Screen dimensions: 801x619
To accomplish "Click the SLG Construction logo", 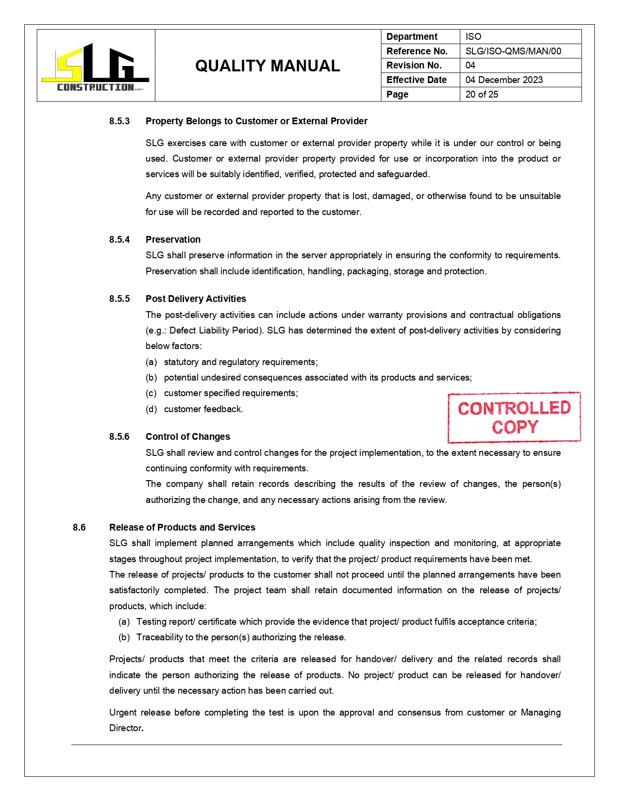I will click(96, 66).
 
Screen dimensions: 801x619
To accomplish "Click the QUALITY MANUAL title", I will click(268, 66).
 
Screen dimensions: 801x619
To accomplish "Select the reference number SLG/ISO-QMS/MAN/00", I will click(513, 51).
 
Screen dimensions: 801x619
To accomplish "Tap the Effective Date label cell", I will click(417, 80).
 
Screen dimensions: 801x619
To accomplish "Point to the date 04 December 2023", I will click(504, 80).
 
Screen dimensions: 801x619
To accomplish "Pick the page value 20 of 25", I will click(482, 94).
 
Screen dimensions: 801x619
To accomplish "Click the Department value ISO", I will click(473, 36).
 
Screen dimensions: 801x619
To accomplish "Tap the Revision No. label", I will click(414, 65).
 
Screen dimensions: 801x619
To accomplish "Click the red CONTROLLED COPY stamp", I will click(514, 417).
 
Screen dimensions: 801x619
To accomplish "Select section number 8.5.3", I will click(119, 121).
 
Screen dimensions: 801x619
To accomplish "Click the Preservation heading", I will click(173, 239).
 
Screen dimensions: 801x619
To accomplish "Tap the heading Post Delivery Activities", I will click(196, 299).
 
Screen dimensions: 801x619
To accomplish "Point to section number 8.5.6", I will click(119, 436).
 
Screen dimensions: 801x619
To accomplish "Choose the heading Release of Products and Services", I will click(182, 527).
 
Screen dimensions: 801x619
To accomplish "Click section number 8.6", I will click(79, 527).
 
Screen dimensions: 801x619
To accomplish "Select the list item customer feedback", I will click(203, 409).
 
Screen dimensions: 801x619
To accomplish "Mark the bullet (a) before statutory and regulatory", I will click(151, 362).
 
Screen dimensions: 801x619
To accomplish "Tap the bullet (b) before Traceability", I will click(124, 637).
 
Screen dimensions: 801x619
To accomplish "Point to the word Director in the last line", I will click(125, 728).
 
